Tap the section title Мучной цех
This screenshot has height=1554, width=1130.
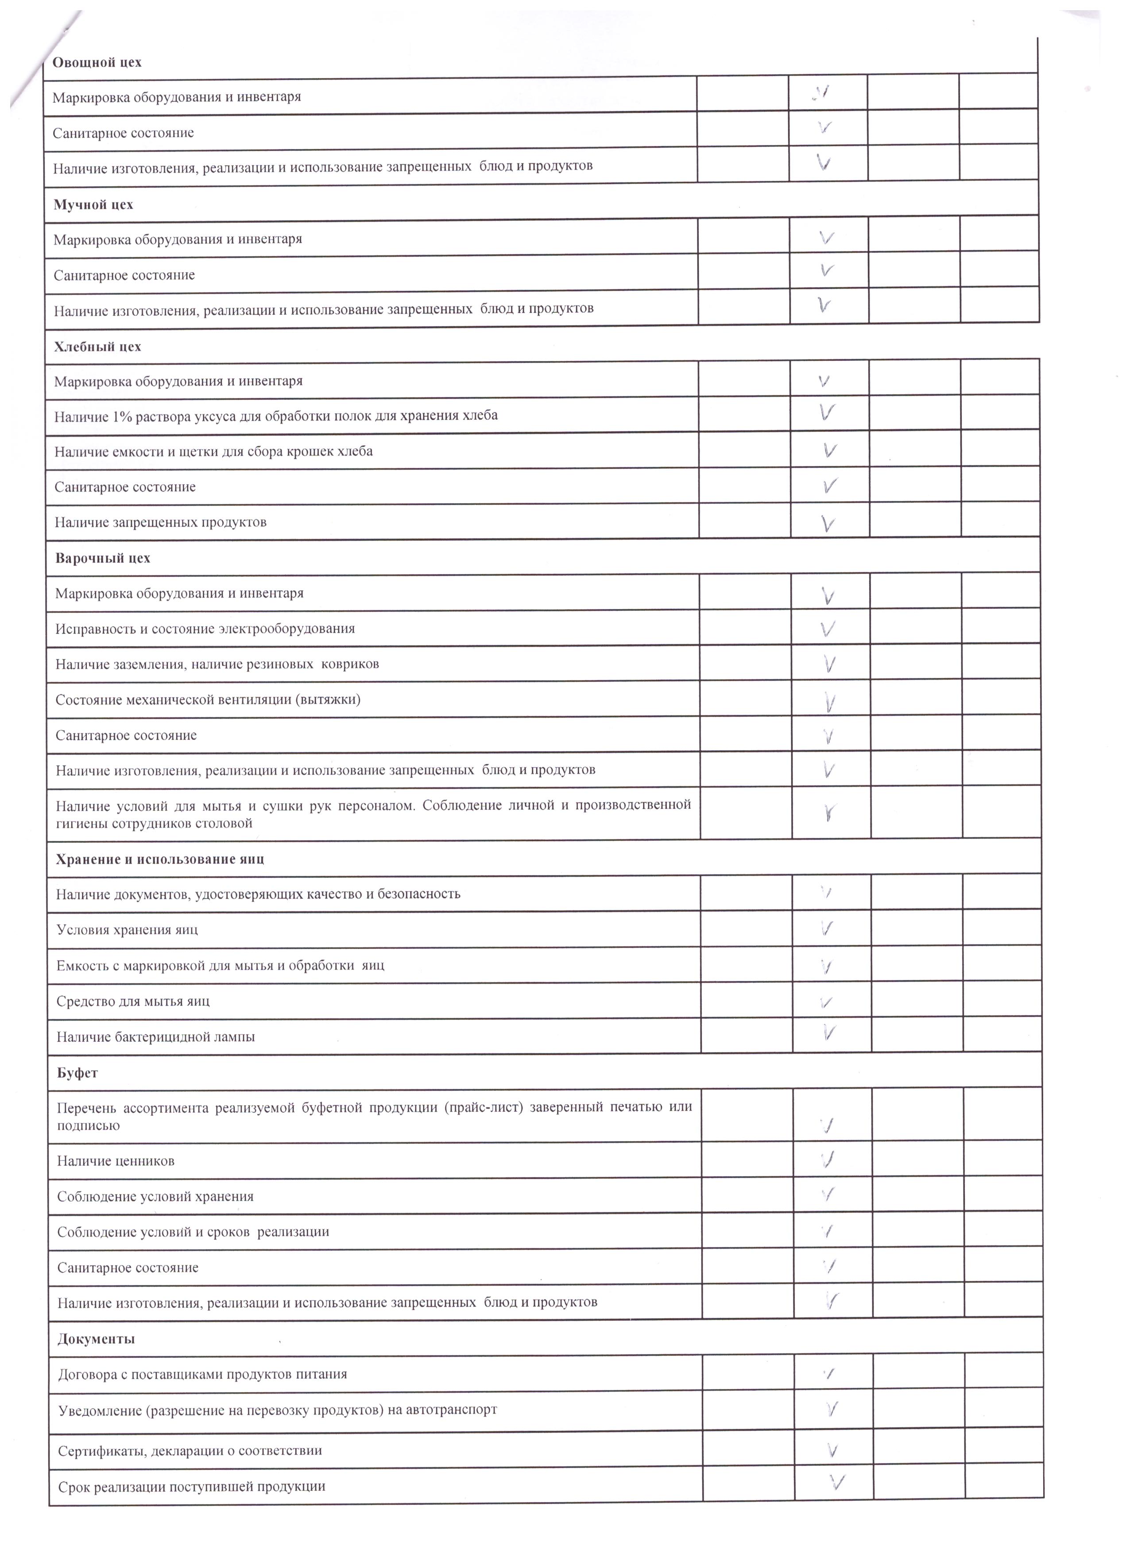(x=93, y=205)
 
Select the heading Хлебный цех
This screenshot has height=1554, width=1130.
(x=97, y=347)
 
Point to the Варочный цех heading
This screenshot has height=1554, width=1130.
(x=103, y=558)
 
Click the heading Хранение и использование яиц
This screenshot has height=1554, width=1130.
(x=160, y=859)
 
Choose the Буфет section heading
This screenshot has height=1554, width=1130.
(x=77, y=1073)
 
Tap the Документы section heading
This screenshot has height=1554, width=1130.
(x=96, y=1339)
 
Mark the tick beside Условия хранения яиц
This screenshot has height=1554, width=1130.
(x=827, y=929)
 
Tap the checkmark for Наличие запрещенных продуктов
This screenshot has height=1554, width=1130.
(x=828, y=524)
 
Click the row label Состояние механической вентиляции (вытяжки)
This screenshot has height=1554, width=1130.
(x=208, y=700)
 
